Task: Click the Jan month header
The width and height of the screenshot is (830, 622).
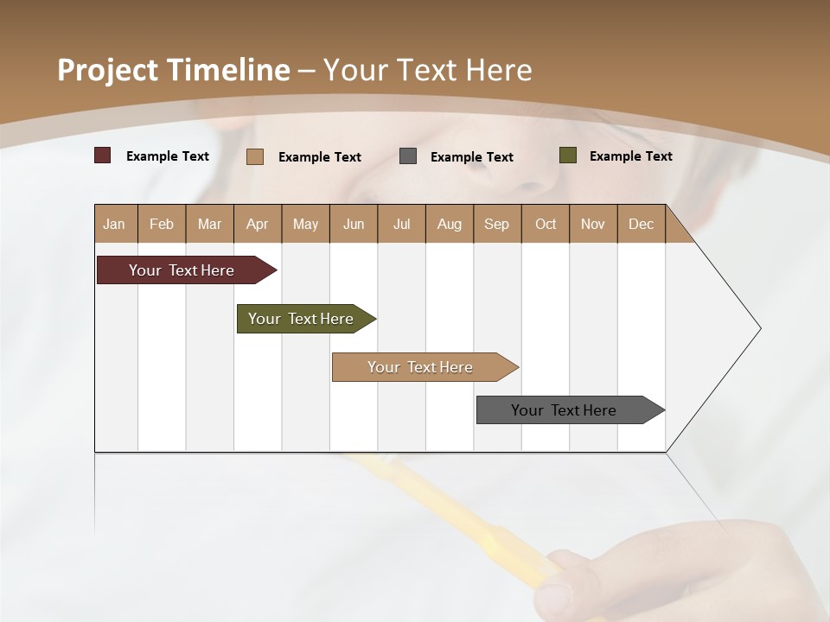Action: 114,225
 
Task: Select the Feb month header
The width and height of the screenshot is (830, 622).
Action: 162,225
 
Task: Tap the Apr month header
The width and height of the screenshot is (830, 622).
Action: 257,225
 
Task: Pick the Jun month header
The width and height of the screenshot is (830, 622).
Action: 353,225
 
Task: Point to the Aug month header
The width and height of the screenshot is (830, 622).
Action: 449,225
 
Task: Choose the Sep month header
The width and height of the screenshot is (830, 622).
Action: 496,225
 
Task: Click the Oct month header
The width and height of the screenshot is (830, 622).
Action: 545,225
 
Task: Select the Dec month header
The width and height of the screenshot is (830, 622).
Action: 641,225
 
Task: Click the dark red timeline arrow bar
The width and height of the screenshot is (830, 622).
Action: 182,270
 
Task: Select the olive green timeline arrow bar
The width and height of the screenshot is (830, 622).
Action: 301,319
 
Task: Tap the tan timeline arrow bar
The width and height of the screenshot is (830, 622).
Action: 420,367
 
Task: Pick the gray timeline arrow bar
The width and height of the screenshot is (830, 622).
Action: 564,410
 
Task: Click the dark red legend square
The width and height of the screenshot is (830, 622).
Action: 103,155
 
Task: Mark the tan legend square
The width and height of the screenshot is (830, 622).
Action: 255,156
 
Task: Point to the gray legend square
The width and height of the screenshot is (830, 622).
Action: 408,156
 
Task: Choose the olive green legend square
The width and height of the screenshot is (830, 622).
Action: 568,155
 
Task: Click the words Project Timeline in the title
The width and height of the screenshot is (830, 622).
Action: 173,70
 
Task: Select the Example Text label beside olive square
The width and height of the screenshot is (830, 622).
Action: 630,156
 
